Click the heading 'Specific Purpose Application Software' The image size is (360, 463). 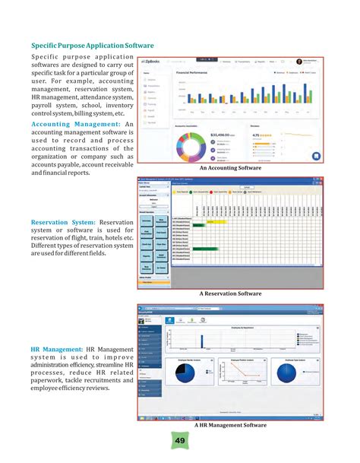(92, 46)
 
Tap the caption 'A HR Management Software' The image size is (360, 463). (230, 426)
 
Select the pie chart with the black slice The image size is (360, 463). (199, 374)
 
